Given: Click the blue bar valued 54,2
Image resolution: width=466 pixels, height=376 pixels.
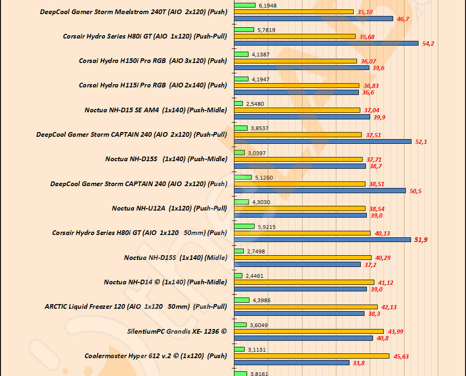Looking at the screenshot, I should tap(326, 43).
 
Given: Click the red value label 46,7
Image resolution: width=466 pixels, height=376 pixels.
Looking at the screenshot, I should tap(403, 19).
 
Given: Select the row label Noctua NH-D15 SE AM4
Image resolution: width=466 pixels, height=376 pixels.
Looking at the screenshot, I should tap(155, 110).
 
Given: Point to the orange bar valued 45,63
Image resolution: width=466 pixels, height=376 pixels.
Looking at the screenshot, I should tap(311, 356).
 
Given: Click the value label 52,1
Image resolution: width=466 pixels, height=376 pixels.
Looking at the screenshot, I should tap(421, 141).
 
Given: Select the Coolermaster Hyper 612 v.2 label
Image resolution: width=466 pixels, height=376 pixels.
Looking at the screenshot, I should tap(155, 356).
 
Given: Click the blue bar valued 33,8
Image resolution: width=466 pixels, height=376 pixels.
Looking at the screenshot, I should tap(292, 362).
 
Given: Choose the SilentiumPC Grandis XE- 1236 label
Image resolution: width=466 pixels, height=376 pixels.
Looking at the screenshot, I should tap(177, 331).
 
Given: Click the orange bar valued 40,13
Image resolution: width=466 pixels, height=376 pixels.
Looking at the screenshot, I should tap(302, 233).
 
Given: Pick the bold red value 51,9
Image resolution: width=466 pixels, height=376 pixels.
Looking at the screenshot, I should tap(421, 240).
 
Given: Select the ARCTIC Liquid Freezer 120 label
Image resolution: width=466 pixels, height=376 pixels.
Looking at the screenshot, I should tap(136, 307).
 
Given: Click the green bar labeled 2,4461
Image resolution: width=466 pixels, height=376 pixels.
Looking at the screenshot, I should tap(238, 275).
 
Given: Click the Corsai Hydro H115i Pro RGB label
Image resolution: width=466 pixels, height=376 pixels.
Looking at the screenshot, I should tap(153, 86).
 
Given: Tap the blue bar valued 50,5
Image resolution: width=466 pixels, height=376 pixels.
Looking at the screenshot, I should tap(319, 190).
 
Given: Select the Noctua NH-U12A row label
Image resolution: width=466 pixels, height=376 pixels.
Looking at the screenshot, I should tap(170, 208).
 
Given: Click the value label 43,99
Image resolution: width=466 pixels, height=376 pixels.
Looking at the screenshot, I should tap(396, 332).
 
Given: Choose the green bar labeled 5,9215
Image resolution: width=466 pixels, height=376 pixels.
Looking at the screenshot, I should tap(244, 226).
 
